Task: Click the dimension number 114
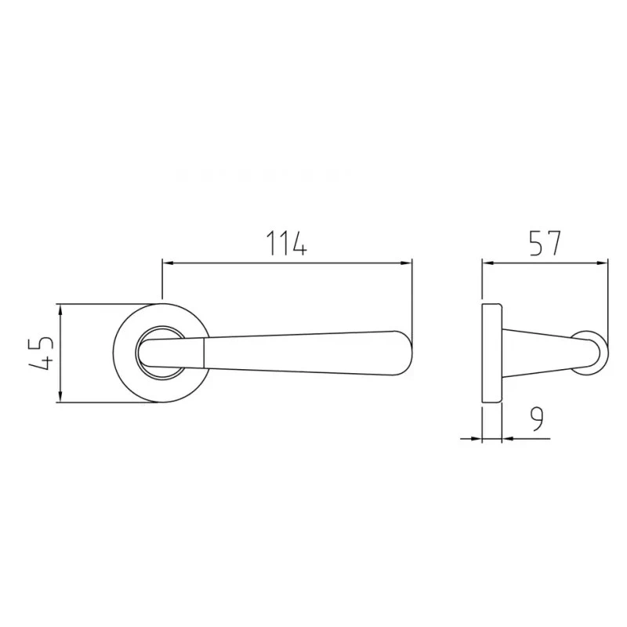287,243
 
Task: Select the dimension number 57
545,243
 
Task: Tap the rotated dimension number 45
41,353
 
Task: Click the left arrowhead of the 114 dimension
168,263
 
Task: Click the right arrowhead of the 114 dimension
406,263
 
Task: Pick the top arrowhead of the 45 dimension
60,310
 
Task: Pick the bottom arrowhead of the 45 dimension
60,397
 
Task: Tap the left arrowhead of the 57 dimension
487,263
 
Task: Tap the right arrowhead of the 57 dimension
602,263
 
